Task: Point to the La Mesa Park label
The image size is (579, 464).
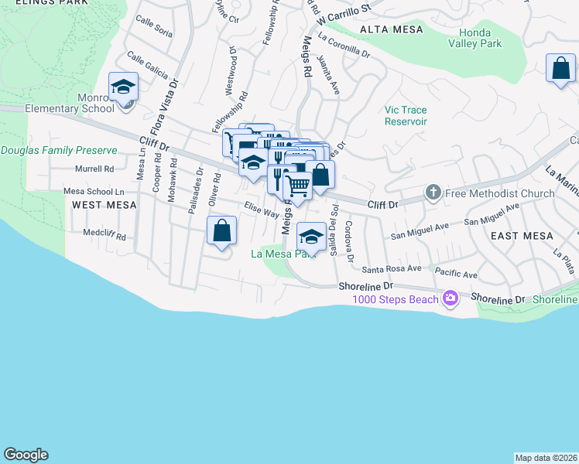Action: click(284, 253)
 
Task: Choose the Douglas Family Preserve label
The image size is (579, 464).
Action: click(59, 150)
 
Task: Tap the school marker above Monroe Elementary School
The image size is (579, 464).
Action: click(123, 87)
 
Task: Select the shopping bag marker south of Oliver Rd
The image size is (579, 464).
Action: click(221, 230)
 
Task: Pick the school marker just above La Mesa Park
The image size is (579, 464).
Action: click(311, 235)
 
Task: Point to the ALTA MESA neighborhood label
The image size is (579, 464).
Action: click(391, 29)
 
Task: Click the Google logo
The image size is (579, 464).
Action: click(26, 455)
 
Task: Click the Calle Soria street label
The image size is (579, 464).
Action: click(153, 26)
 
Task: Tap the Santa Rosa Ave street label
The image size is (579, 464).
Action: click(392, 268)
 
